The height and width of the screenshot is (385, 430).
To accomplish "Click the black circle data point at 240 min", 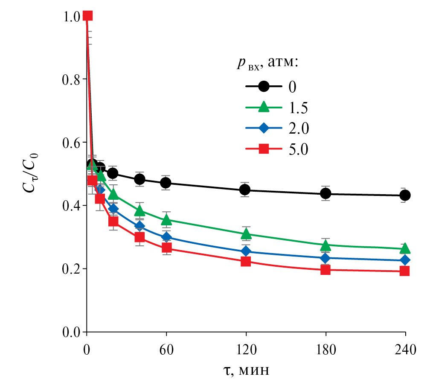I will (404, 195).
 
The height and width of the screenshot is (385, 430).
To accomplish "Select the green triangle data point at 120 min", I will (246, 233).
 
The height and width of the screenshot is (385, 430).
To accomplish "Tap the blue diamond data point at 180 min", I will (325, 258).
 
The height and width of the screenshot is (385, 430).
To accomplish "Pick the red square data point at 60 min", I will (166, 248).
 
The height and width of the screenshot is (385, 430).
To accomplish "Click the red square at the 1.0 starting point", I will (87, 16).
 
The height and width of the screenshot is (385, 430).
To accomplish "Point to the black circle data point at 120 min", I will (245, 190).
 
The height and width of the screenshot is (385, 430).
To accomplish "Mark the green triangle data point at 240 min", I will (404, 248).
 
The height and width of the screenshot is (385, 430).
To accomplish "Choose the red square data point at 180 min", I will (325, 269).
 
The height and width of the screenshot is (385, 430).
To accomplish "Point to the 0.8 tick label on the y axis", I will (71, 79).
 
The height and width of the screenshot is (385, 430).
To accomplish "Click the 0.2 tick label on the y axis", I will (71, 269).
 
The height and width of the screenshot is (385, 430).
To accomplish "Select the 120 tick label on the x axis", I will (246, 351).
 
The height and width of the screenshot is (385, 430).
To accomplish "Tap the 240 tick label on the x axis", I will (404, 351).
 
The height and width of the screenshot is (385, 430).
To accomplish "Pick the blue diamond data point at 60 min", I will (166, 237).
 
